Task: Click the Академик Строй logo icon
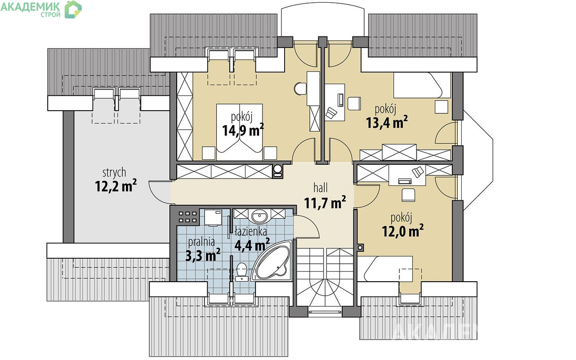[73, 9]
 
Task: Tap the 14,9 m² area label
[243, 130]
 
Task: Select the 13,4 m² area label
[387, 122]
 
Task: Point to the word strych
[114, 172]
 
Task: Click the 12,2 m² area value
[116, 185]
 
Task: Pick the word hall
[321, 188]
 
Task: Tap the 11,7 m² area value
[325, 202]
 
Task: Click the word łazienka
[251, 232]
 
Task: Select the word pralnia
[201, 242]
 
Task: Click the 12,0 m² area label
[403, 230]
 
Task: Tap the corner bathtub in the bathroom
[272, 261]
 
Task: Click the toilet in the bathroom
[241, 272]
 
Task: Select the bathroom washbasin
[259, 216]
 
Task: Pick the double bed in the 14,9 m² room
[239, 132]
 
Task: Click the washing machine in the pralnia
[213, 218]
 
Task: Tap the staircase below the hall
[325, 277]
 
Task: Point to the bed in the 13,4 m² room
[422, 85]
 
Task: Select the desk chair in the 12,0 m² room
[408, 195]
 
